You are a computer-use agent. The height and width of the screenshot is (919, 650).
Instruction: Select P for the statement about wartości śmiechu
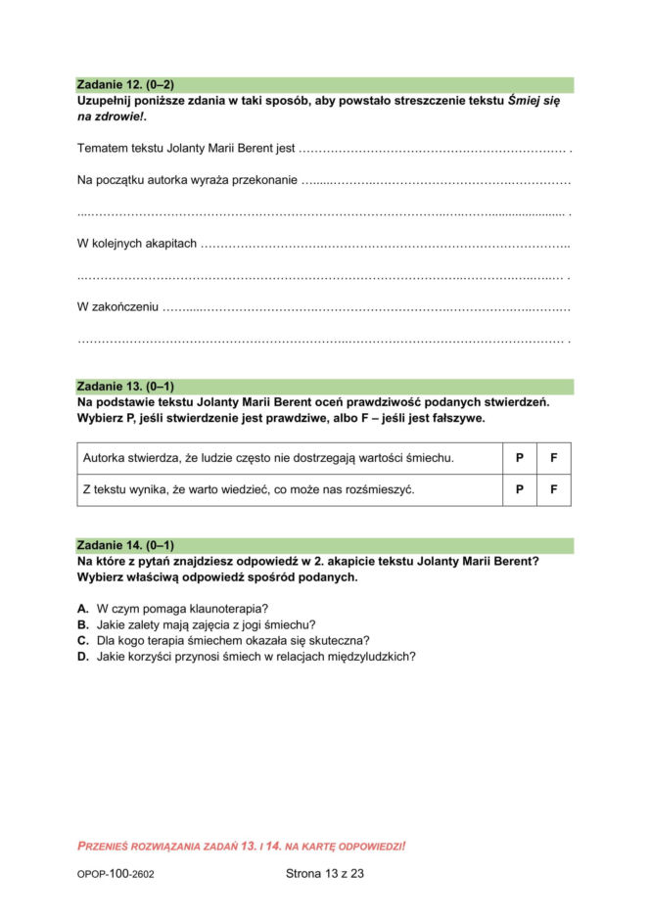520,458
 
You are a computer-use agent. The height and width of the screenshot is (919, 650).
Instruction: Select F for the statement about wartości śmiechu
554,458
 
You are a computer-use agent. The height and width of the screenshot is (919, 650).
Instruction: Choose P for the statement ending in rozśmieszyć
520,490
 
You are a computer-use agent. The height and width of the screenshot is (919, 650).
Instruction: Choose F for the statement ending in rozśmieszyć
554,490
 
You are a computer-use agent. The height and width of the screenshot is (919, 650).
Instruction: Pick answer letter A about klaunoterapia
83,608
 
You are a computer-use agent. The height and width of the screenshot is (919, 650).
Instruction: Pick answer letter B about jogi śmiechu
83,624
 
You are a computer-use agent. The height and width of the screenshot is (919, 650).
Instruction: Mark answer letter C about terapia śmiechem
83,640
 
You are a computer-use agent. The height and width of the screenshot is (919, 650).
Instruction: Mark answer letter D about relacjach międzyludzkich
83,657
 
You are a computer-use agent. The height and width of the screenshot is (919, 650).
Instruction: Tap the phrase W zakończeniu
117,307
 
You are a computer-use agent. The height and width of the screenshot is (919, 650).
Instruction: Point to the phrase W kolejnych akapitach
137,244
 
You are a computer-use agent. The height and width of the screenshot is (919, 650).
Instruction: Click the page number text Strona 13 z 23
324,873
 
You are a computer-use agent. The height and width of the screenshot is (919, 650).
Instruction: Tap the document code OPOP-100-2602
116,874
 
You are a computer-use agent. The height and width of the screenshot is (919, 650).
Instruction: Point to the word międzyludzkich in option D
373,657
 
